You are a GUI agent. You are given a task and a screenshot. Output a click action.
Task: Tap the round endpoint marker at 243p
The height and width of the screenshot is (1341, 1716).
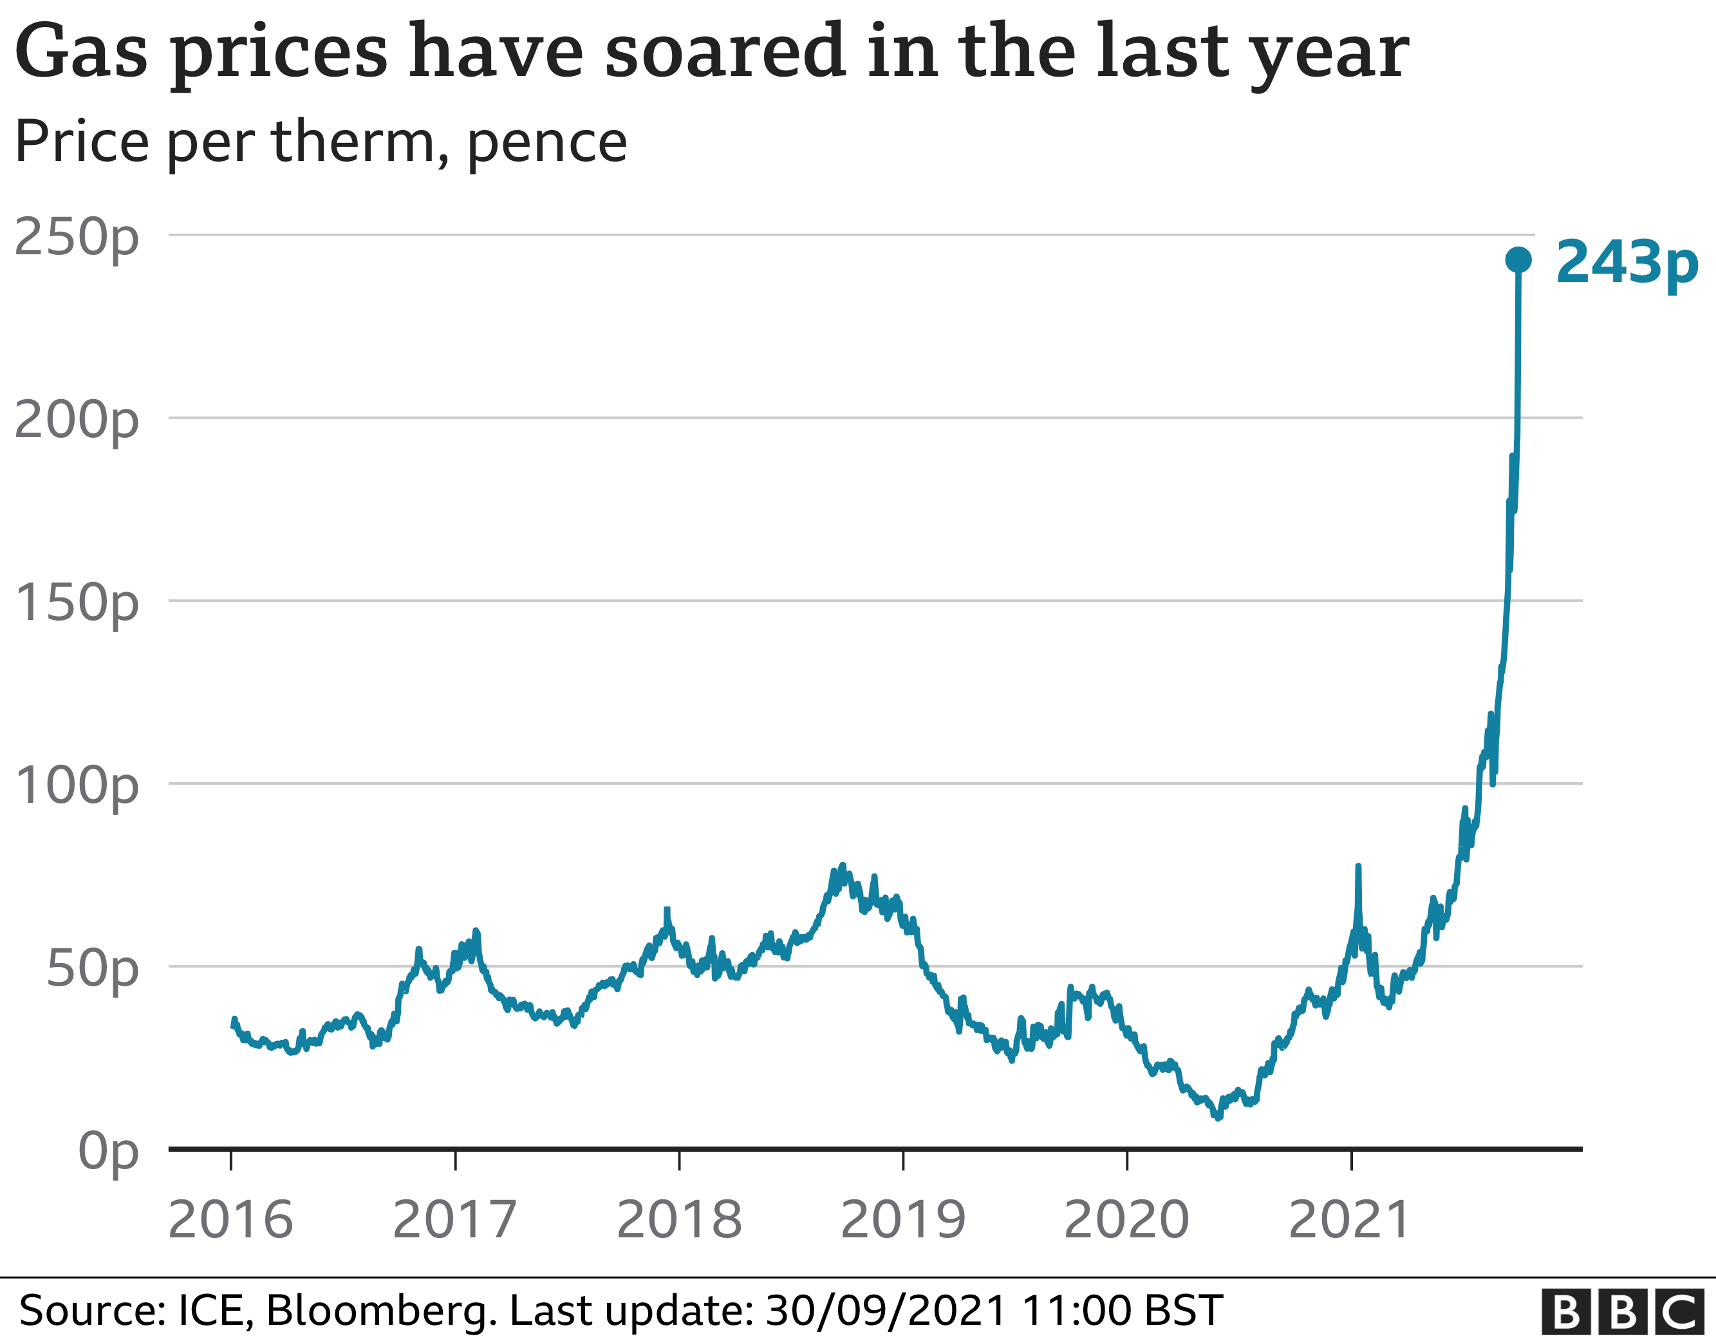(x=1518, y=259)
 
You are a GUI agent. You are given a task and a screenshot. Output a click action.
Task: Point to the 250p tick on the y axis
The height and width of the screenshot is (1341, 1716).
(x=76, y=236)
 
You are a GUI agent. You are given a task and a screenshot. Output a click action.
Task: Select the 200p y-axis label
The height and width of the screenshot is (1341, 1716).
(x=76, y=419)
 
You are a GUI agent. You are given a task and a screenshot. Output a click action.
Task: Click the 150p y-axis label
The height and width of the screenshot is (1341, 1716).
(x=76, y=602)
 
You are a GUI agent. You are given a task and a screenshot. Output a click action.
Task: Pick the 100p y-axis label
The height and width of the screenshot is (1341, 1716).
(x=76, y=785)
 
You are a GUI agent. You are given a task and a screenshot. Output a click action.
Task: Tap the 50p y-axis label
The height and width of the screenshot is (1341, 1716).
(x=92, y=968)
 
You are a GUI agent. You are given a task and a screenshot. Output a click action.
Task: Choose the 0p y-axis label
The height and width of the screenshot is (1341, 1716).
(x=107, y=1152)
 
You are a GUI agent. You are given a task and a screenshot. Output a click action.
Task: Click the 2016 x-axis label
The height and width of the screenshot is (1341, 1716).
(x=230, y=1220)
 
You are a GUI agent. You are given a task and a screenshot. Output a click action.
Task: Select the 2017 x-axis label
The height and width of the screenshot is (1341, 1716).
(x=454, y=1220)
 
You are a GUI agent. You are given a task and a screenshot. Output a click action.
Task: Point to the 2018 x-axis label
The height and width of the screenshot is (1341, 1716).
(x=679, y=1220)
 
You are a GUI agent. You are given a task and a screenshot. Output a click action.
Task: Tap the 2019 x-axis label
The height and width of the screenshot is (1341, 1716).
(x=903, y=1220)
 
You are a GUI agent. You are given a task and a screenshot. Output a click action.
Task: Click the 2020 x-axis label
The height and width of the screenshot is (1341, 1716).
(x=1126, y=1220)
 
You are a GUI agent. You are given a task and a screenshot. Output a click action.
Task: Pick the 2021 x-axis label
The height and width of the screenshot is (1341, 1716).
(x=1350, y=1220)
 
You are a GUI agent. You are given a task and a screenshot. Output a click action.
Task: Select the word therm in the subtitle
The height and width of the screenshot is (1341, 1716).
(x=352, y=142)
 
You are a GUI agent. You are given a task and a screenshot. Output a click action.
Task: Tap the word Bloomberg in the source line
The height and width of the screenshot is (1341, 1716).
(x=381, y=1310)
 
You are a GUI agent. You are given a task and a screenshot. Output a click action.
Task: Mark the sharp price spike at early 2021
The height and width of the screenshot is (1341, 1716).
(x=1357, y=867)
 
